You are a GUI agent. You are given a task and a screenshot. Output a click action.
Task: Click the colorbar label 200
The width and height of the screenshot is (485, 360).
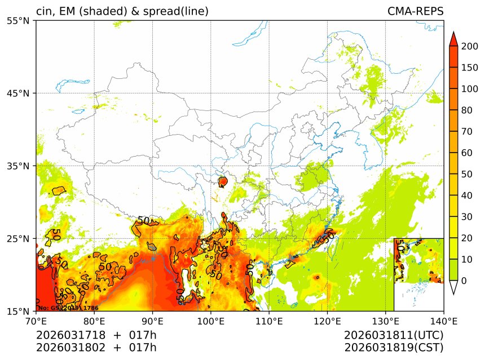coord(469,47)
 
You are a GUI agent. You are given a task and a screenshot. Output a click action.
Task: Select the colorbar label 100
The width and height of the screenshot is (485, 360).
coord(469,89)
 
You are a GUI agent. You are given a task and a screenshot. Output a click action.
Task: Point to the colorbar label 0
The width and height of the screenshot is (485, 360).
coord(464,281)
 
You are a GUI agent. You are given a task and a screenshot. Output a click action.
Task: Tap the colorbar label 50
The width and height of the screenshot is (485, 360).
coord(466,174)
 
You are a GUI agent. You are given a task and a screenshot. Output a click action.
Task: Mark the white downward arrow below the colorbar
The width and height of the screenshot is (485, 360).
coord(453,287)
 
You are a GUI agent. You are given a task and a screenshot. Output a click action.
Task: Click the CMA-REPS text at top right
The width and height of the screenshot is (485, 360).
coord(415,12)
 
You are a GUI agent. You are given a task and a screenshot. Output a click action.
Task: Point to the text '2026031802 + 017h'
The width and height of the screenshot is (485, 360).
coord(96,347)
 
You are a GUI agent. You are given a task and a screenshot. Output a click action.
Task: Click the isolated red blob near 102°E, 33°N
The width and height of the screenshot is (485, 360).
coord(223,181)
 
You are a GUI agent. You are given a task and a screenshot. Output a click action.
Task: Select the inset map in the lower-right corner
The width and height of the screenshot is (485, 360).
coord(418,274)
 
